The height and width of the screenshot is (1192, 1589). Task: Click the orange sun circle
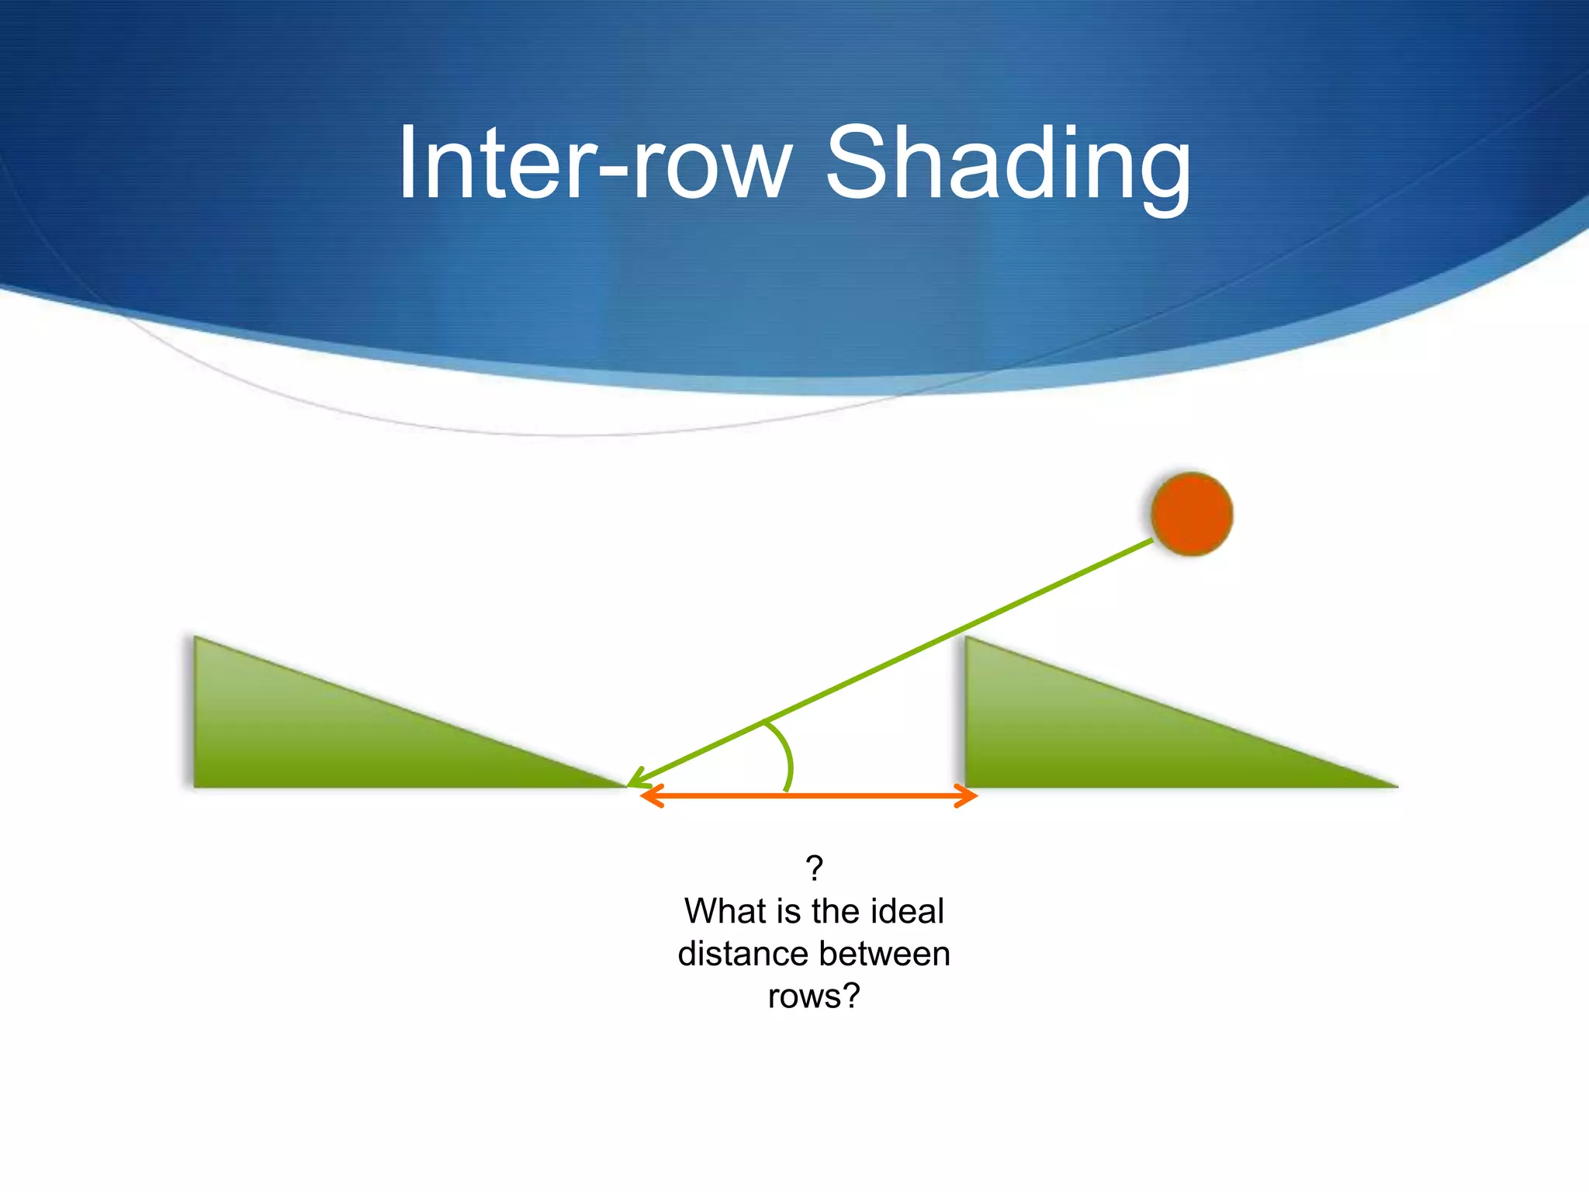tap(1192, 514)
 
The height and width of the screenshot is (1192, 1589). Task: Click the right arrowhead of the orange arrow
tap(968, 796)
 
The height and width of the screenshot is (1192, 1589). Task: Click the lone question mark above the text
tap(814, 868)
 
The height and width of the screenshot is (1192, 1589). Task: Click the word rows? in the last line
tap(814, 996)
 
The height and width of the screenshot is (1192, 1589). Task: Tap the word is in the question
tap(777, 911)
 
